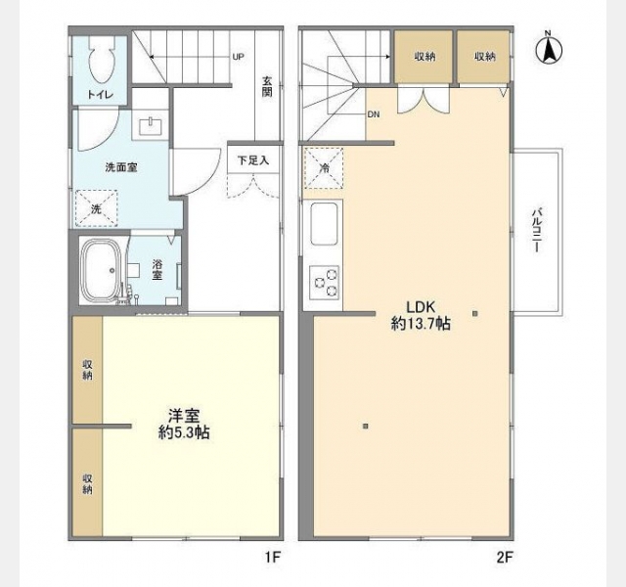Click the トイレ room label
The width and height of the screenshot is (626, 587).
click(101, 95)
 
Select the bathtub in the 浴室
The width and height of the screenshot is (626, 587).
click(100, 269)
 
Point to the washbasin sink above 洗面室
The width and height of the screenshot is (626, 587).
click(150, 126)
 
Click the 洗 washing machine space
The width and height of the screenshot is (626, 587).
click(96, 208)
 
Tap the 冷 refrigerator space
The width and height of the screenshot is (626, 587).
click(324, 168)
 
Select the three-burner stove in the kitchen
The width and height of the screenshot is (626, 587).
click(324, 283)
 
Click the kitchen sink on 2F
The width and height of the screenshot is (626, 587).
click(324, 224)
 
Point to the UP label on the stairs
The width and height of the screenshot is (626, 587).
click(238, 57)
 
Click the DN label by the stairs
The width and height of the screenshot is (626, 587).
click(374, 114)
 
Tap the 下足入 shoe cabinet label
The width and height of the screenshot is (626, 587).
click(253, 160)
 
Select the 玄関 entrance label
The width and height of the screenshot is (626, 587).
click(267, 87)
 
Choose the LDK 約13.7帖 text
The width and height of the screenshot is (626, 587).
click(421, 315)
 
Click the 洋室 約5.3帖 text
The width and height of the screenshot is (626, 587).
click(184, 424)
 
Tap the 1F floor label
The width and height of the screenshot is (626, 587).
click(273, 557)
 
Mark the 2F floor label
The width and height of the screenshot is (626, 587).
click(505, 557)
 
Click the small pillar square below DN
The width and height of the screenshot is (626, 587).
click(365, 427)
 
